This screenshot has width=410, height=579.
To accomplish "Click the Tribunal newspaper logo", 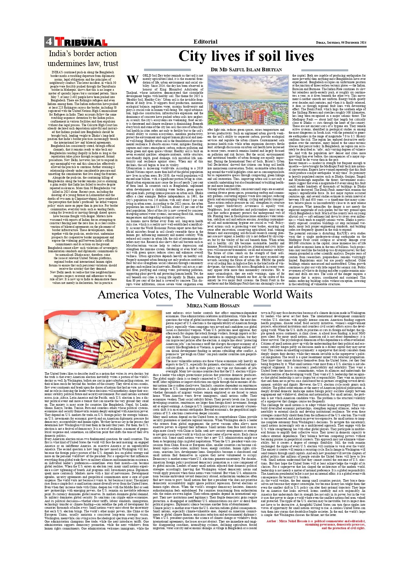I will pyautogui.click(x=81, y=42).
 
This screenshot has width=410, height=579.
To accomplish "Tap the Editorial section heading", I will pyautogui.click(x=205, y=42).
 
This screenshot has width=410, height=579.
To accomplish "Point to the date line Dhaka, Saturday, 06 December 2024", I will pyautogui.click(x=341, y=43).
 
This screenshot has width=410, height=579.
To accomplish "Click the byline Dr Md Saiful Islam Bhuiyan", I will pyautogui.click(x=246, y=70).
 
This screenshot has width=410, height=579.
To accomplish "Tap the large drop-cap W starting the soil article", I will pyautogui.click(x=132, y=80).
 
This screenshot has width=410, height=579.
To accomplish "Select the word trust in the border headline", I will pyautogui.click(x=110, y=63).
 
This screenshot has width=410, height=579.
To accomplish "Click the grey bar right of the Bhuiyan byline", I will pyautogui.click(x=324, y=70).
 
